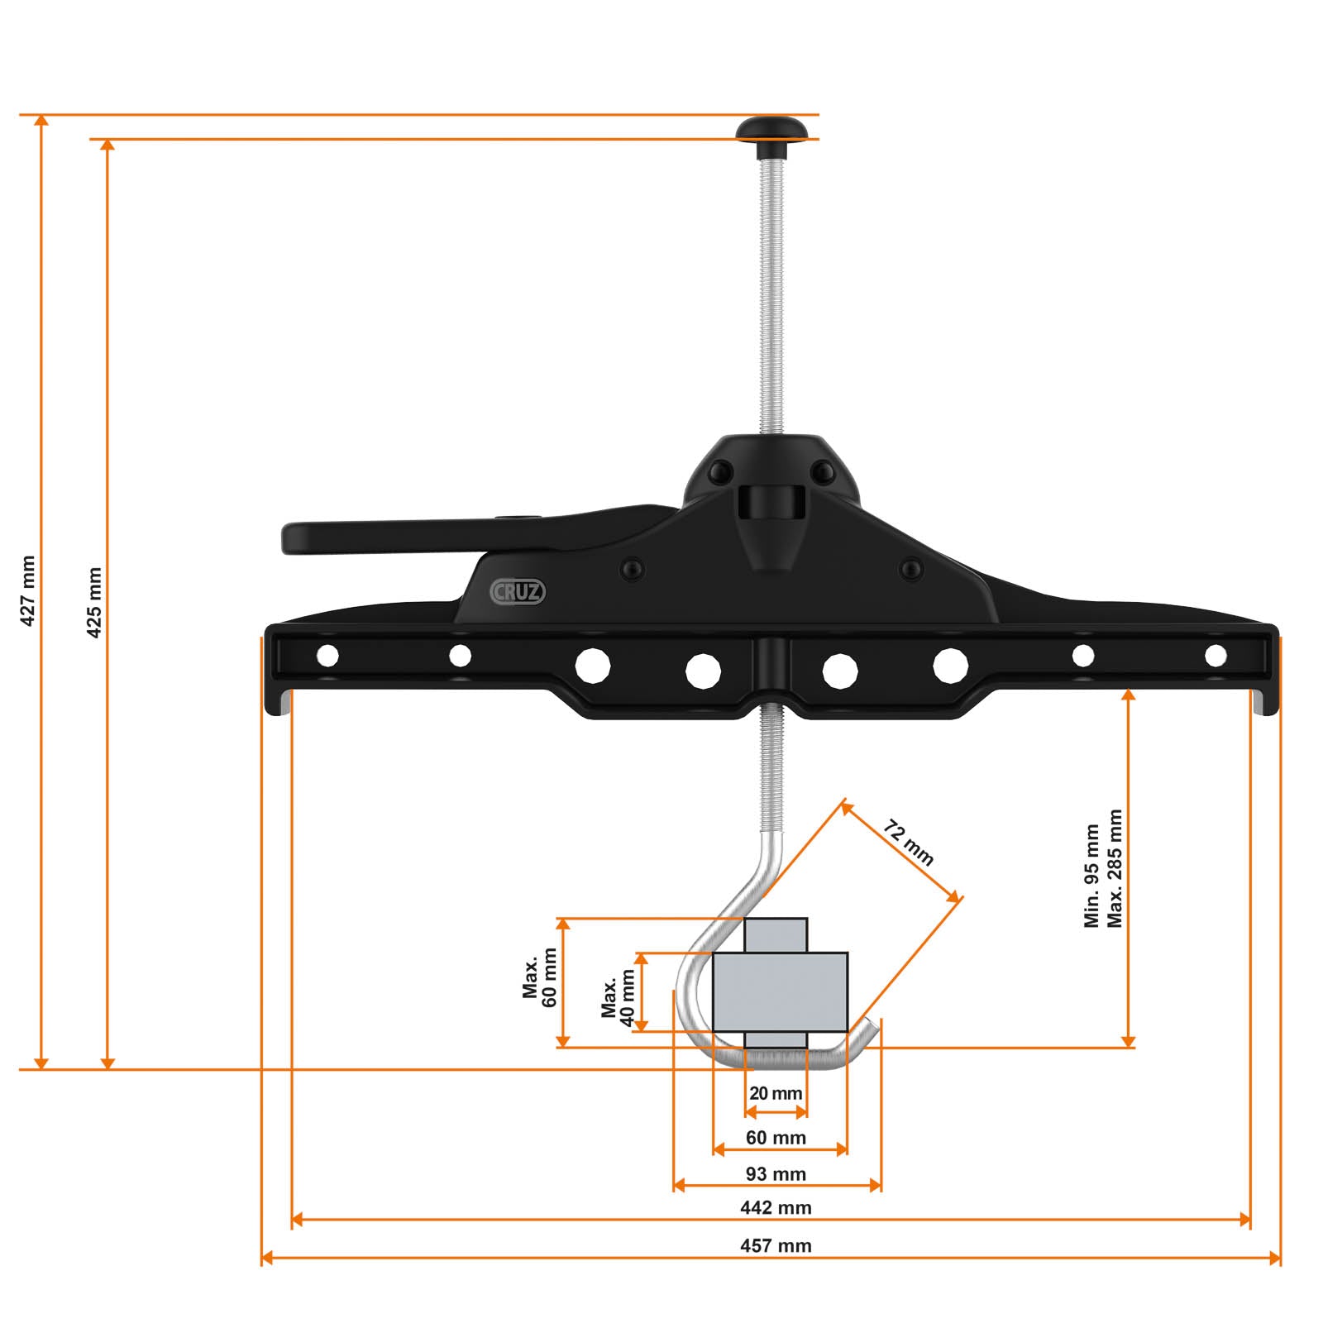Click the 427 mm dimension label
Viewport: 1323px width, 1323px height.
pyautogui.click(x=28, y=590)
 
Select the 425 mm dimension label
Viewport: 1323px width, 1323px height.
pyautogui.click(x=94, y=602)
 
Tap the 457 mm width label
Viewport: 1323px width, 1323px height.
pyautogui.click(x=776, y=1245)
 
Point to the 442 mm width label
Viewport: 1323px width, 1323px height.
pyautogui.click(x=776, y=1207)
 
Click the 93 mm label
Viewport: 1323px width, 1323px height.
pyautogui.click(x=776, y=1173)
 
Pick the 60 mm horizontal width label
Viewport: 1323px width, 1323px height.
pyautogui.click(x=776, y=1138)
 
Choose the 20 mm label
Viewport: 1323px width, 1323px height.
pyautogui.click(x=776, y=1093)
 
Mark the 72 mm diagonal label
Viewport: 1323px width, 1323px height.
pyautogui.click(x=909, y=843)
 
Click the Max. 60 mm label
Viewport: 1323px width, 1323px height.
pyautogui.click(x=540, y=977)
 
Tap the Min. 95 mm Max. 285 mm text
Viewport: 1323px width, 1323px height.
pyautogui.click(x=1103, y=868)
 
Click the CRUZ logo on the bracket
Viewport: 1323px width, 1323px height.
pyautogui.click(x=518, y=591)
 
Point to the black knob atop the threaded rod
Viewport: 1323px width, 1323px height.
pyautogui.click(x=772, y=131)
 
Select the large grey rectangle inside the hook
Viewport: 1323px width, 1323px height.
pyautogui.click(x=780, y=991)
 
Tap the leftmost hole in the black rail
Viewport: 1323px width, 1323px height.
pyautogui.click(x=327, y=656)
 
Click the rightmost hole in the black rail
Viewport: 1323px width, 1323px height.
pyautogui.click(x=1216, y=656)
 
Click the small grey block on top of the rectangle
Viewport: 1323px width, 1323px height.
pyautogui.click(x=776, y=934)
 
